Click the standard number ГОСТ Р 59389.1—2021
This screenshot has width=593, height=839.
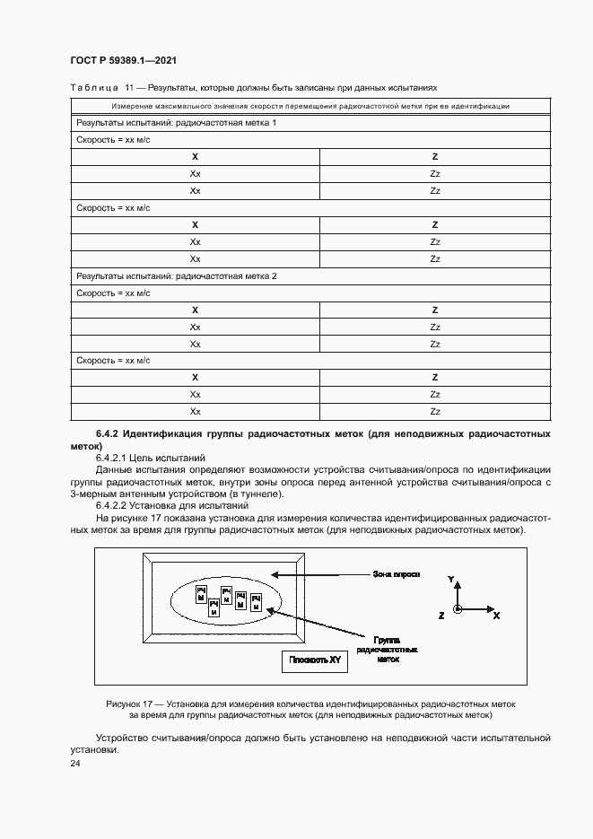pos(122,60)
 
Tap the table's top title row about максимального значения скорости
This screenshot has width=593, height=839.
pos(310,106)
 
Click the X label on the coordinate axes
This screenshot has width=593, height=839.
pos(496,616)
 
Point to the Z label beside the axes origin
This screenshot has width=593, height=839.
pos(441,616)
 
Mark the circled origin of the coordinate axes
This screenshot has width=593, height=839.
pos(458,609)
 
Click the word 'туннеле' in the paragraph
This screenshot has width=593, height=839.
pos(256,494)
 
